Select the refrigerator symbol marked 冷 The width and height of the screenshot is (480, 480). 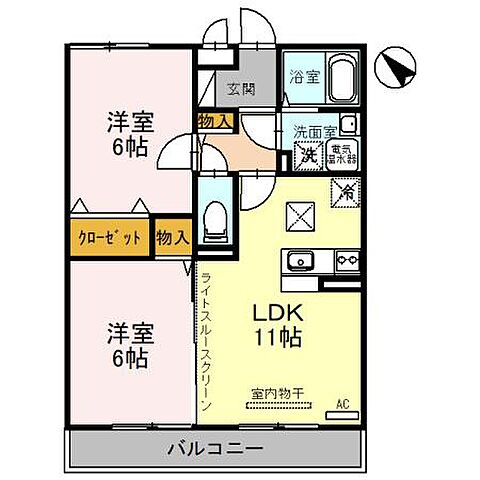click(345, 188)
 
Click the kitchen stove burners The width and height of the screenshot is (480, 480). click(345, 262)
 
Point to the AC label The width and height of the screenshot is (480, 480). click(342, 404)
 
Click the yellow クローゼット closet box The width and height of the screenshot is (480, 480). click(111, 238)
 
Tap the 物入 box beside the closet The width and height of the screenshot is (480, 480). click(172, 238)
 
